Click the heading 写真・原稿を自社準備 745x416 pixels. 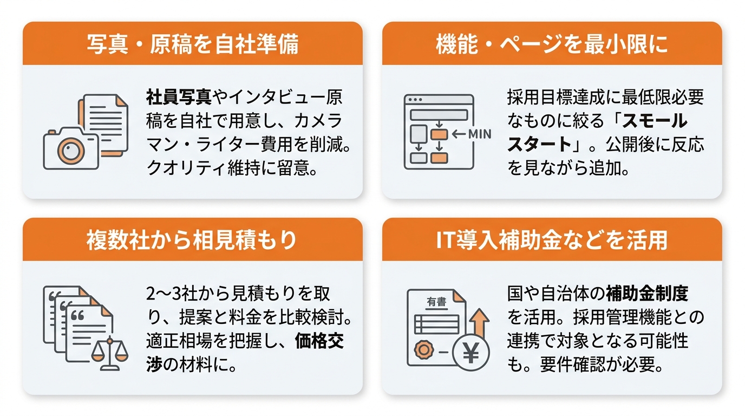(x=193, y=44)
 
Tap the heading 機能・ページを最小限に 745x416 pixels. (x=552, y=44)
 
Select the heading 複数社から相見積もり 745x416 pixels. (x=192, y=240)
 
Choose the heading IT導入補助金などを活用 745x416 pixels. (x=552, y=240)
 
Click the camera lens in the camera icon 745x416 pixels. (x=70, y=151)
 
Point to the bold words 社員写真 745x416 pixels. (x=179, y=97)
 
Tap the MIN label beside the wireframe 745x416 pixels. (x=480, y=134)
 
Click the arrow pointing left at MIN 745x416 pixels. (x=459, y=134)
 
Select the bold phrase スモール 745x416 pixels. (x=654, y=121)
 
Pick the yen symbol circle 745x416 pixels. (x=470, y=353)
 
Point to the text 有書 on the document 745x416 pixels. (x=436, y=302)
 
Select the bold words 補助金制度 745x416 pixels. (x=647, y=293)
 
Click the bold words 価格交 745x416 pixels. (x=319, y=341)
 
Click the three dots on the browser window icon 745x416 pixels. (x=415, y=100)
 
